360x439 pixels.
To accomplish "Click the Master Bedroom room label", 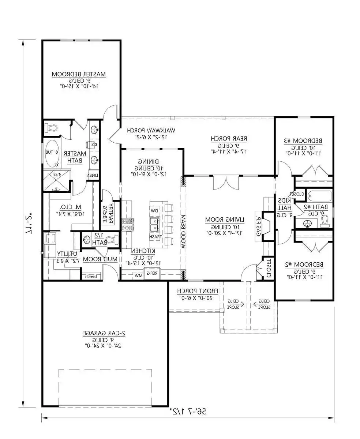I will point(79,74).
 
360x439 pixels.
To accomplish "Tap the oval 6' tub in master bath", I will point(52,153).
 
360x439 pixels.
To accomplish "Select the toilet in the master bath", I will point(51,128).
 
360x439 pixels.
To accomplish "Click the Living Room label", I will point(224,219).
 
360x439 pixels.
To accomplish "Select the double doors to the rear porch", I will point(227,182).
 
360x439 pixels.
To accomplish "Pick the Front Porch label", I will point(198,291).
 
